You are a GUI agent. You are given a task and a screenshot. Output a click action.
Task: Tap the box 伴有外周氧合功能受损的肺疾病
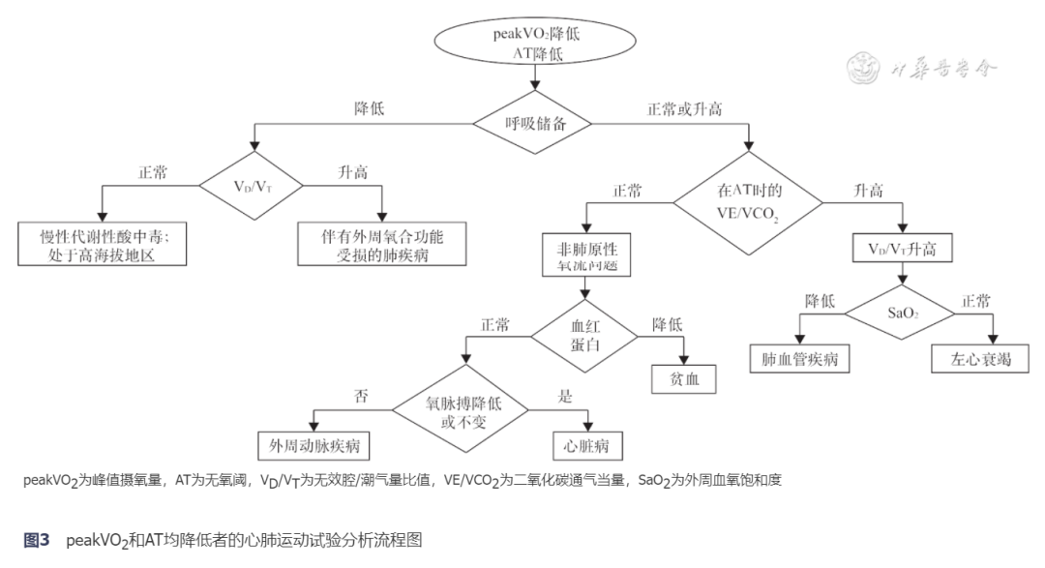pos(383,244)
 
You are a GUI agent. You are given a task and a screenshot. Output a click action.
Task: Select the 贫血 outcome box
pos(683,378)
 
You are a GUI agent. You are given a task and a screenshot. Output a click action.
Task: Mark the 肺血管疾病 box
pos(799,358)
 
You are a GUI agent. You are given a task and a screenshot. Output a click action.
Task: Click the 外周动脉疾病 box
pos(314,445)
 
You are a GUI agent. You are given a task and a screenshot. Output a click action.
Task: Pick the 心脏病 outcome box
pos(585,445)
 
